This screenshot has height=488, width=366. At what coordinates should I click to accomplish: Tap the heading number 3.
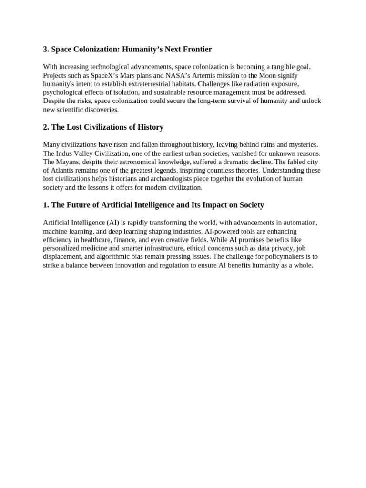(x=45, y=50)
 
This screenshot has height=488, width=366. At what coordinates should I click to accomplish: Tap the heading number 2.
(x=45, y=127)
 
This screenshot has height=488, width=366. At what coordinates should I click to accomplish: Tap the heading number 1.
(x=45, y=205)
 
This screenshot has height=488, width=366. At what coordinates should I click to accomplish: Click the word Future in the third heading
(x=78, y=205)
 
